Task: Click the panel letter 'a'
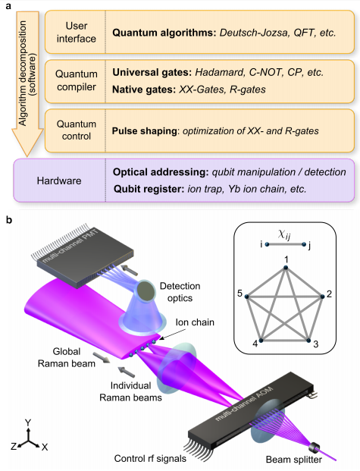click(x=8, y=6)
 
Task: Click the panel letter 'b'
click(x=9, y=220)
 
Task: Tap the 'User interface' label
click(x=77, y=32)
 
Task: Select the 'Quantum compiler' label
click(x=77, y=80)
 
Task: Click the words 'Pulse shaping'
click(x=145, y=131)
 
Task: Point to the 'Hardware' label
click(x=59, y=181)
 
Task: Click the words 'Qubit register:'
click(x=149, y=190)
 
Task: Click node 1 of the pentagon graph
click(x=286, y=267)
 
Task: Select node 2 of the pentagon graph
click(x=322, y=297)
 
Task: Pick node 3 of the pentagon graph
click(x=308, y=341)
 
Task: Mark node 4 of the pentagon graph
click(x=261, y=341)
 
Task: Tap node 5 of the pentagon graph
click(x=247, y=297)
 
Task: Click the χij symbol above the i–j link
click(x=284, y=234)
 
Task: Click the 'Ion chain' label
click(x=195, y=322)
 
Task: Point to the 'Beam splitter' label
click(x=294, y=460)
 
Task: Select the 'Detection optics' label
click(x=180, y=292)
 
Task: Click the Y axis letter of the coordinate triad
click(x=28, y=423)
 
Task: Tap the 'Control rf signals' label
click(x=150, y=459)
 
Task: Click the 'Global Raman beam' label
click(x=67, y=357)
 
